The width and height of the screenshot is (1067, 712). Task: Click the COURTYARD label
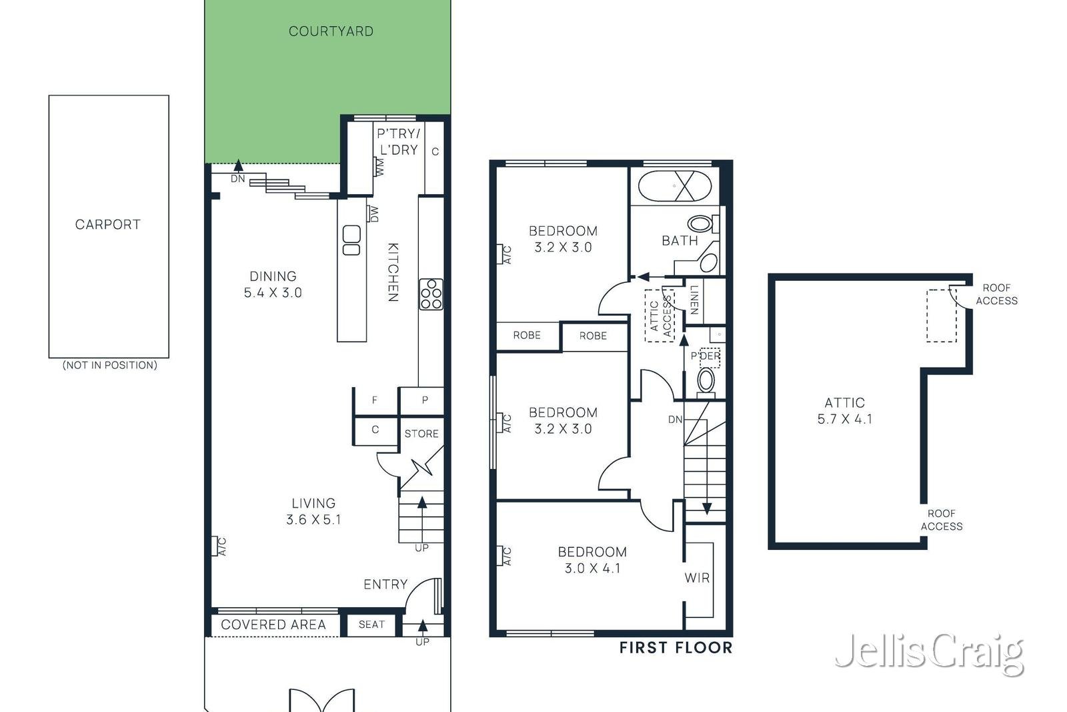pyautogui.click(x=331, y=31)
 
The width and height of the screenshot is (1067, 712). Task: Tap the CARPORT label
pyautogui.click(x=108, y=224)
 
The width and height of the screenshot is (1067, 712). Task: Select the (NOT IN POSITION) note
pyautogui.click(x=109, y=365)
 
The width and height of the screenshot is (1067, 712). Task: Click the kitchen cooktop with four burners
pyautogui.click(x=431, y=294)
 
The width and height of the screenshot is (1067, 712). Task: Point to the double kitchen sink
pyautogui.click(x=351, y=240)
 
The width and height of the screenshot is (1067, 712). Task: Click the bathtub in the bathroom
pyautogui.click(x=674, y=186)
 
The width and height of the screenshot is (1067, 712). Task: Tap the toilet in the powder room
pyautogui.click(x=706, y=382)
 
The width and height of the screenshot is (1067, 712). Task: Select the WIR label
pyautogui.click(x=698, y=578)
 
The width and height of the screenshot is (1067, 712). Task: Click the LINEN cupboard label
pyautogui.click(x=694, y=300)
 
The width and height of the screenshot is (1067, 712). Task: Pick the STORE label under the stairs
pyautogui.click(x=421, y=434)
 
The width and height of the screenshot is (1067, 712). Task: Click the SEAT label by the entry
pyautogui.click(x=371, y=625)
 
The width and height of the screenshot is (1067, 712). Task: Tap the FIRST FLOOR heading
pyautogui.click(x=676, y=648)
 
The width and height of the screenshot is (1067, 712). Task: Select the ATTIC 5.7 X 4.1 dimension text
pyautogui.click(x=844, y=411)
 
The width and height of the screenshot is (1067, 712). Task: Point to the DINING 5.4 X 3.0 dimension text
pyautogui.click(x=273, y=284)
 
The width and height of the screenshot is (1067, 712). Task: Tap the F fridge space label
pyautogui.click(x=375, y=400)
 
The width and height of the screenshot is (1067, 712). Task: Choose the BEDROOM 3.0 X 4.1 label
pyautogui.click(x=593, y=560)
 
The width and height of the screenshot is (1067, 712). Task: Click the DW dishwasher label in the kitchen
pyautogui.click(x=374, y=214)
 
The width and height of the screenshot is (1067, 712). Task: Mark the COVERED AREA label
pyautogui.click(x=273, y=625)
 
